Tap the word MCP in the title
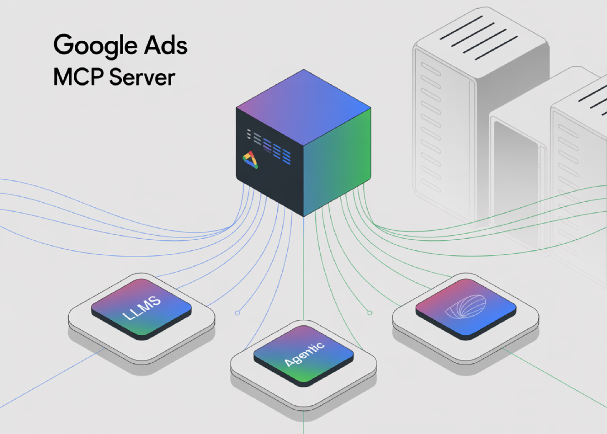point(79,77)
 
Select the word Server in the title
point(142,77)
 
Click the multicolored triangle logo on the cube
point(251,160)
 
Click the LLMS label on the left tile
point(141,308)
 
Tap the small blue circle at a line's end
point(237,313)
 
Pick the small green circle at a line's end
point(370,313)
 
